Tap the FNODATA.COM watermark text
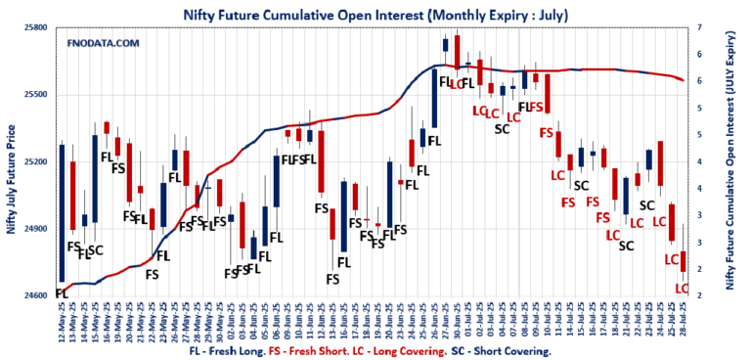pyautogui.click(x=104, y=43)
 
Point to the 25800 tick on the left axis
pyautogui.click(x=36, y=27)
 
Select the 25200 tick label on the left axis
pyautogui.click(x=36, y=161)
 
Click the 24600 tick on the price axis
pyautogui.click(x=36, y=295)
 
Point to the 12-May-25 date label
pyautogui.click(x=62, y=319)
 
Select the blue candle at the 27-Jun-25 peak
pyautogui.click(x=445, y=45)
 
